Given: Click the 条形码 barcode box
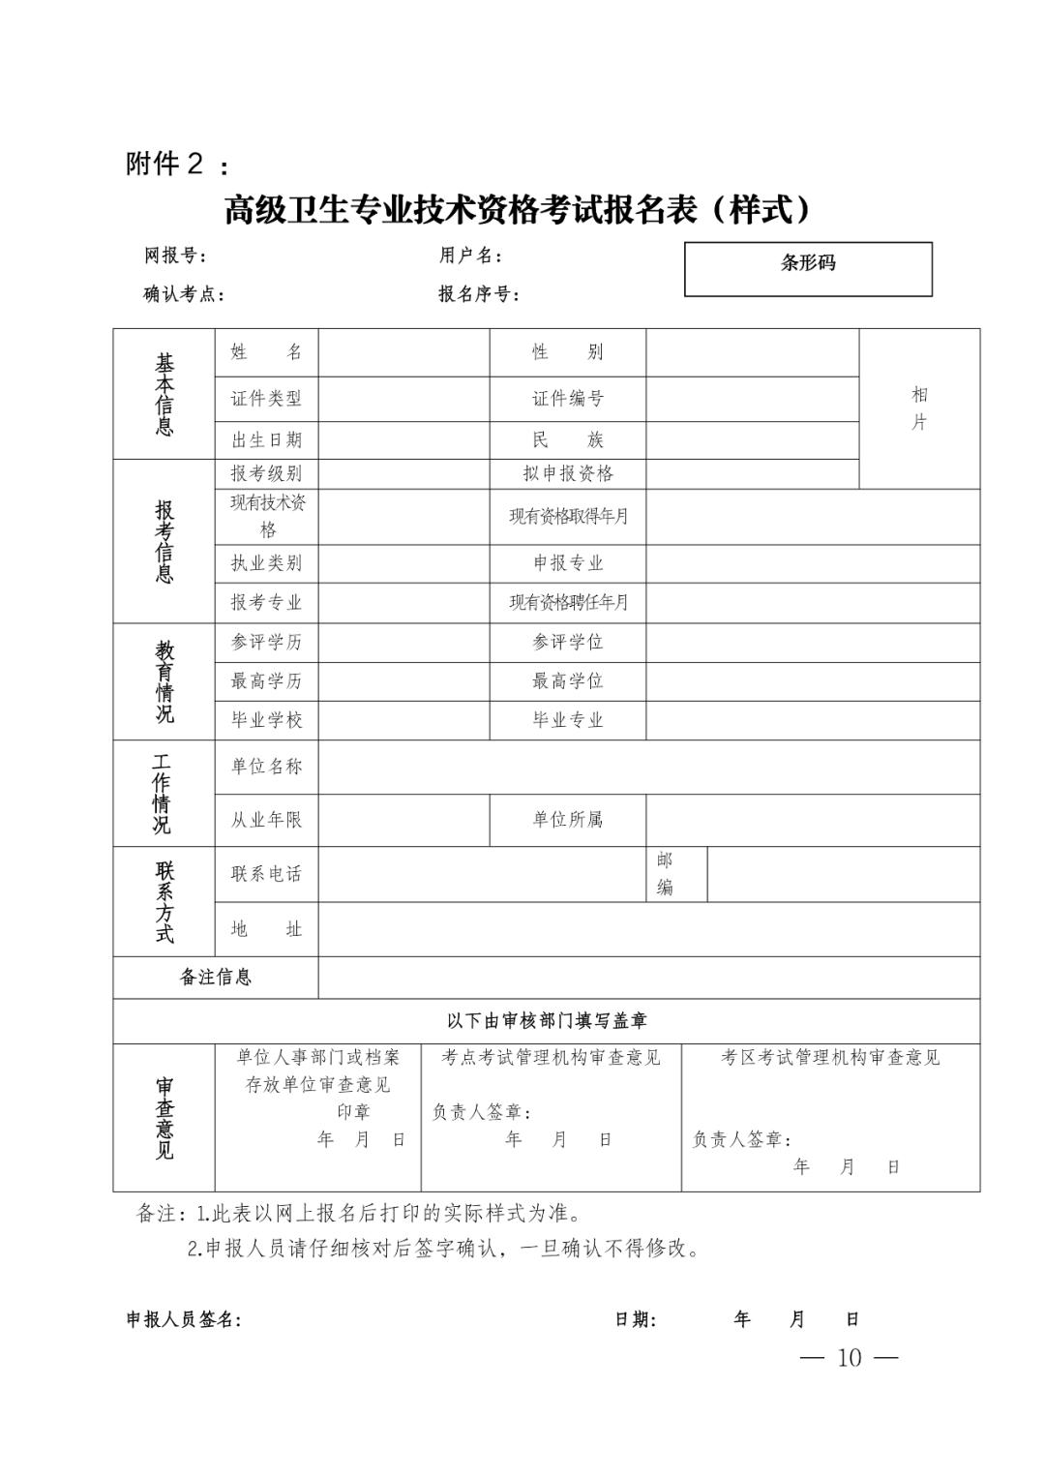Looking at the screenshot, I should coord(808,268).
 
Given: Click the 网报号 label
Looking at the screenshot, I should coord(175,256).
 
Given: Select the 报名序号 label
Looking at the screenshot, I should coord(479,294).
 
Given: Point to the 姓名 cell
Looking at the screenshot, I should coord(266,352).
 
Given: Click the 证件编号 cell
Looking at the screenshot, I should coord(567,399).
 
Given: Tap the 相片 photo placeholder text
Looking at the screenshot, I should coord(919,407).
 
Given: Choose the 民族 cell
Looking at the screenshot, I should coord(567,440).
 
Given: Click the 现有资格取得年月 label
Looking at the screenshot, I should coord(568,516).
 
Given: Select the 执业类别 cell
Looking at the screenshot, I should coord(266,563).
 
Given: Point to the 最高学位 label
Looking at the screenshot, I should coord(567,681).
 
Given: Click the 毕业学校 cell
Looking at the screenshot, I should coord(266,720).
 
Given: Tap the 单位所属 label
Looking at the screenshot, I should coord(567,820).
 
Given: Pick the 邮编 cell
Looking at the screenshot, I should coord(666,874).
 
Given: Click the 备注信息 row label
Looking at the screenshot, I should coord(216,978).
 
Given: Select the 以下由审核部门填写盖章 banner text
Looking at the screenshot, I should coord(547,1020).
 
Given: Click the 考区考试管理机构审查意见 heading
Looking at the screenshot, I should coord(830,1058).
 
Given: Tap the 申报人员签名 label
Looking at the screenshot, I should coord(184,1319).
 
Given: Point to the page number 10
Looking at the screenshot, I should coord(849,1358).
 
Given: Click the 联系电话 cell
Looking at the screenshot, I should coord(266,874).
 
